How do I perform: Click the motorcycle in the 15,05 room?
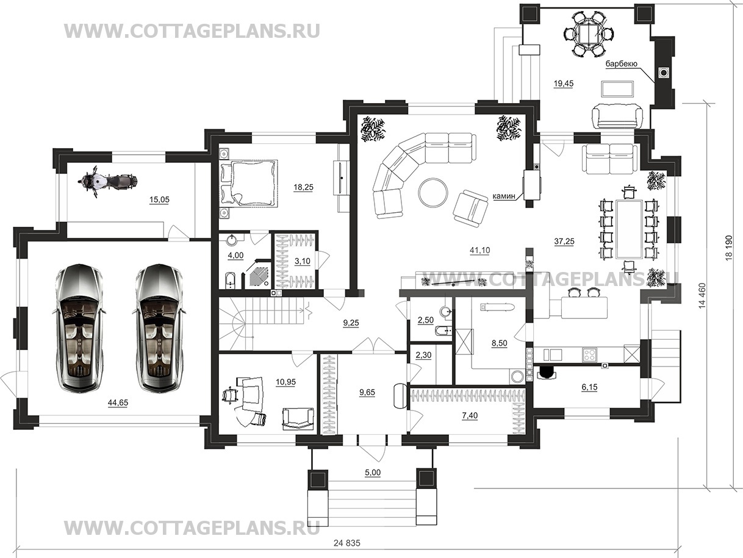[x=108, y=182]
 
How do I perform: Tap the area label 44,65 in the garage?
[x=118, y=402]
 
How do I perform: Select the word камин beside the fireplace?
[x=504, y=196]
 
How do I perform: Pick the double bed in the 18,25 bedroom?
[x=248, y=183]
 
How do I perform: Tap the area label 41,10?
[x=479, y=251]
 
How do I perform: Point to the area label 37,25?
[x=564, y=241]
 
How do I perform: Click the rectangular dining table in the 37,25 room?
[x=630, y=229]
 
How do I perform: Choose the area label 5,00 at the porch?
[x=373, y=473]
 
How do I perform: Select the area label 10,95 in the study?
[x=285, y=382]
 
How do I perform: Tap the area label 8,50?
[x=499, y=343]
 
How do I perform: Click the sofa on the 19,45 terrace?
[x=617, y=116]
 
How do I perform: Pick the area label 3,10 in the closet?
[x=303, y=261]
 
